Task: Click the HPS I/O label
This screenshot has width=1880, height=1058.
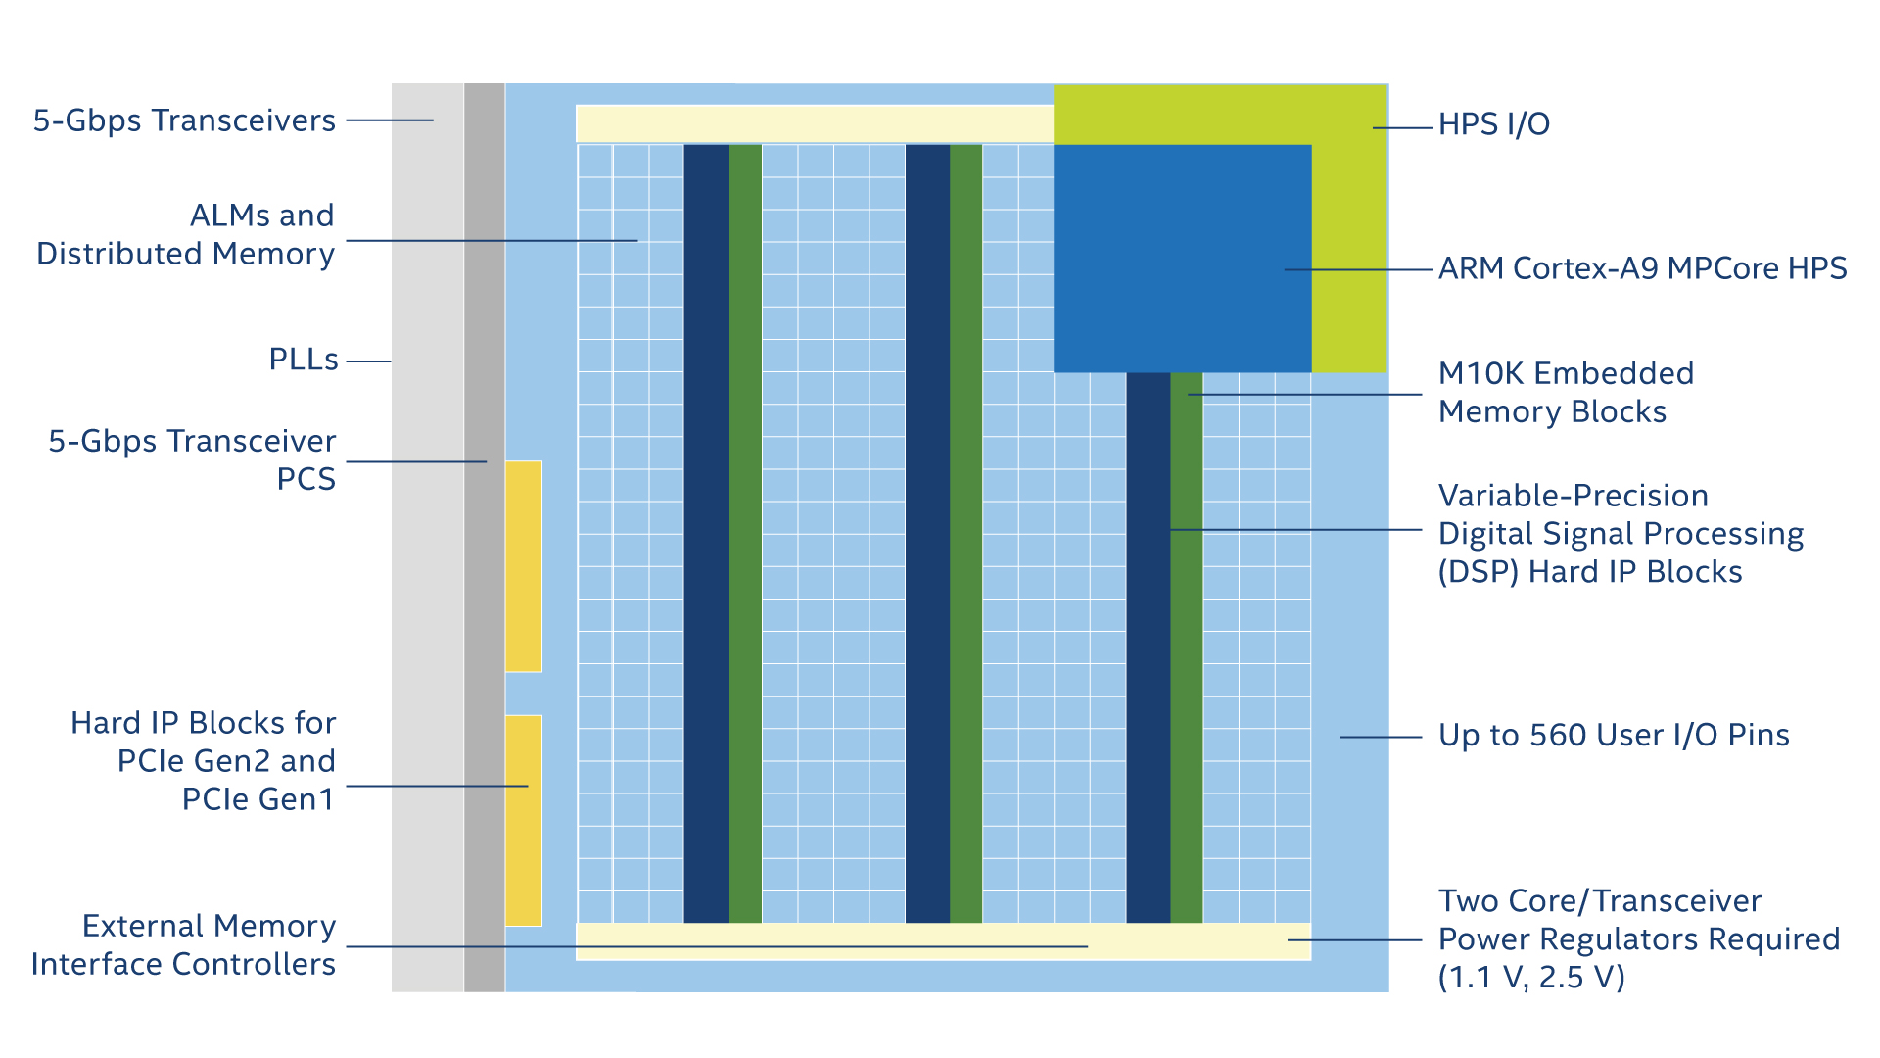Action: click(1493, 124)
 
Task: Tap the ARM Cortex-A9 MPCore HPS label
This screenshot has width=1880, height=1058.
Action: click(1642, 268)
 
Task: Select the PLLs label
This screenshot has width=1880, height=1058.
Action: click(304, 360)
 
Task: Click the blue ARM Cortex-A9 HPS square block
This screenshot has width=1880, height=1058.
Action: click(1182, 259)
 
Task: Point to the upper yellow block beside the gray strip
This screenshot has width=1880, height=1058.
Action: click(523, 566)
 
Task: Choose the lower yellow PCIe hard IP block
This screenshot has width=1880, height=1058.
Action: click(523, 821)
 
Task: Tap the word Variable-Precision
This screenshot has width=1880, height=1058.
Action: click(1573, 496)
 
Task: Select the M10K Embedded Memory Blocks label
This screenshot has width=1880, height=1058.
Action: click(1566, 393)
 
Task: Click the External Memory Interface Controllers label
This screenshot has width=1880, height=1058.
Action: click(183, 945)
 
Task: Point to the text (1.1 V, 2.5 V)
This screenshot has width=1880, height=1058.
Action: click(1531, 978)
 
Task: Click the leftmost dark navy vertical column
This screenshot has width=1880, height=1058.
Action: click(706, 534)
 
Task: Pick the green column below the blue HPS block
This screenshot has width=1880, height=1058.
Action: click(1187, 648)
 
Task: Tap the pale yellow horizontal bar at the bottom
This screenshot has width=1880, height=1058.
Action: click(943, 941)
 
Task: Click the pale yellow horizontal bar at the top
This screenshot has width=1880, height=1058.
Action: click(815, 124)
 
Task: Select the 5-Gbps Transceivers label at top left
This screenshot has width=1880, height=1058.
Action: click(184, 120)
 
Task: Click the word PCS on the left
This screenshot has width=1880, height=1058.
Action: click(306, 479)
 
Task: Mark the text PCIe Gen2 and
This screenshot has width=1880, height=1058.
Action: click(226, 761)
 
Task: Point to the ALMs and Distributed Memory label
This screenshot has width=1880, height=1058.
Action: click(186, 235)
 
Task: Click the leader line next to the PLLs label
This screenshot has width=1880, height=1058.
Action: click(369, 361)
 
